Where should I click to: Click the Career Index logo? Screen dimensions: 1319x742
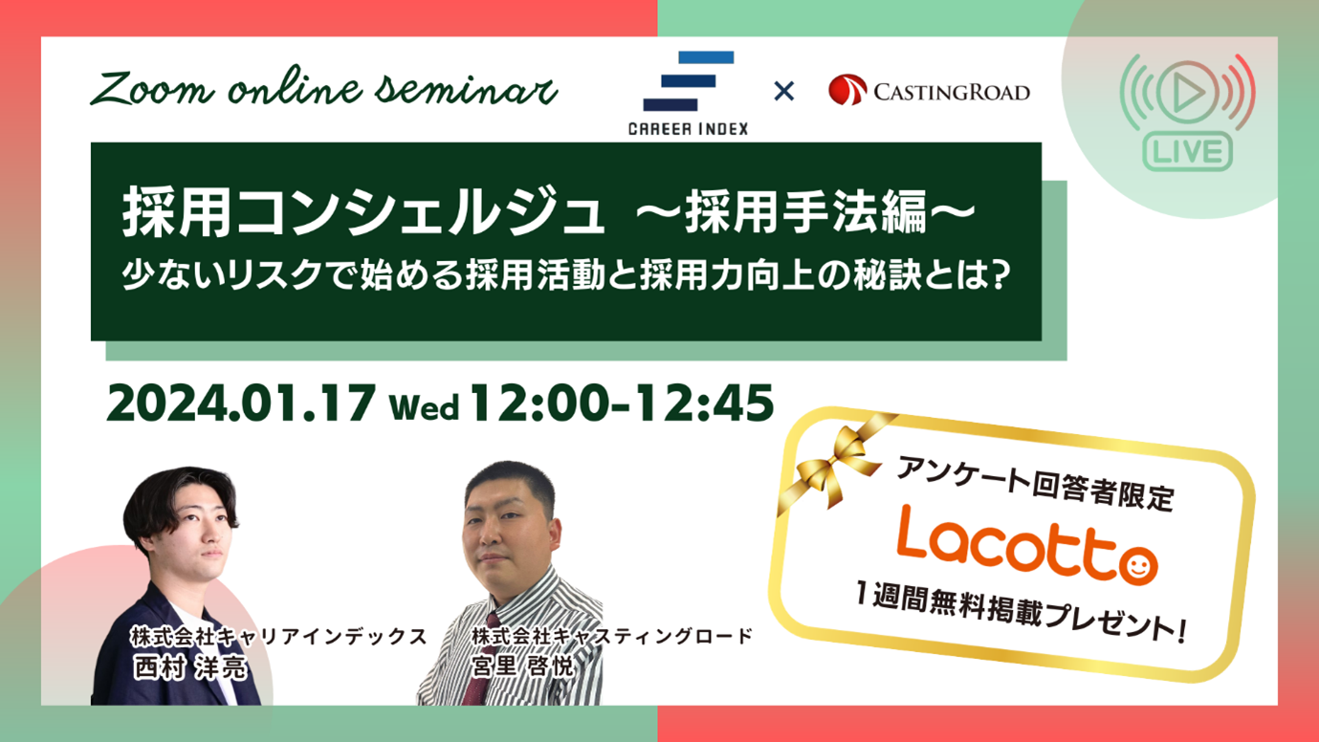pyautogui.click(x=689, y=94)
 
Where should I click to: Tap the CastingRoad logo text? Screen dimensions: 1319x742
pyautogui.click(x=952, y=93)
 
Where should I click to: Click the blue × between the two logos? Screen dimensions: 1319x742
pyautogui.click(x=783, y=91)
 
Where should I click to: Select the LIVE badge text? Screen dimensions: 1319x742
pyautogui.click(x=1188, y=151)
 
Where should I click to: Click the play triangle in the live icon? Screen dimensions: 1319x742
pyautogui.click(x=1187, y=93)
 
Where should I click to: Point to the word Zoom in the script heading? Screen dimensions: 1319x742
pyautogui.click(x=151, y=90)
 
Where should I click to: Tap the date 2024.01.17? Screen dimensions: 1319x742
pyautogui.click(x=241, y=404)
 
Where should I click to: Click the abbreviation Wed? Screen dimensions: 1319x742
pyautogui.click(x=424, y=407)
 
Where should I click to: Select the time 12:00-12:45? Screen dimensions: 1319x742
pyautogui.click(x=621, y=404)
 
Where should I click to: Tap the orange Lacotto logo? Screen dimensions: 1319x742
pyautogui.click(x=1026, y=546)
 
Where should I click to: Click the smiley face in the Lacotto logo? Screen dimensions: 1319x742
pyautogui.click(x=1137, y=566)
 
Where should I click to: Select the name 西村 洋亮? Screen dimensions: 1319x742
pyautogui.click(x=189, y=667)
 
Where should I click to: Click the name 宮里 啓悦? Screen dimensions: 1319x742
pyautogui.click(x=521, y=666)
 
